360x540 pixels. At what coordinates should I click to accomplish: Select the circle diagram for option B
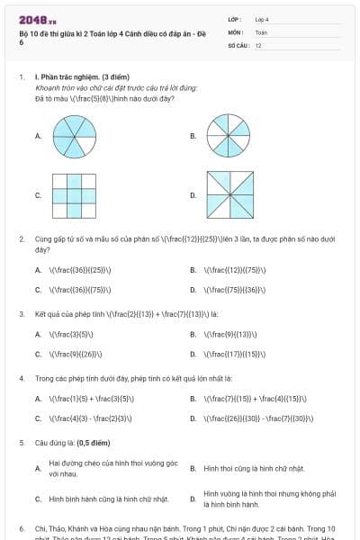(x=229, y=136)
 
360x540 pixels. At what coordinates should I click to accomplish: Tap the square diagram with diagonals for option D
(x=229, y=194)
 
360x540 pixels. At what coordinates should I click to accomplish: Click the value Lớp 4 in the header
(x=262, y=19)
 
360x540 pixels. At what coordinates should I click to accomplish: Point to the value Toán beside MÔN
(x=261, y=31)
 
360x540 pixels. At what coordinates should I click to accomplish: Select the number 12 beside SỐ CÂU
(x=258, y=44)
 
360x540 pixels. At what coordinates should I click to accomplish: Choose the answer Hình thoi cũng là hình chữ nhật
(x=254, y=469)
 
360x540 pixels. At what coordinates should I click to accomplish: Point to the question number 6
(x=22, y=528)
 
